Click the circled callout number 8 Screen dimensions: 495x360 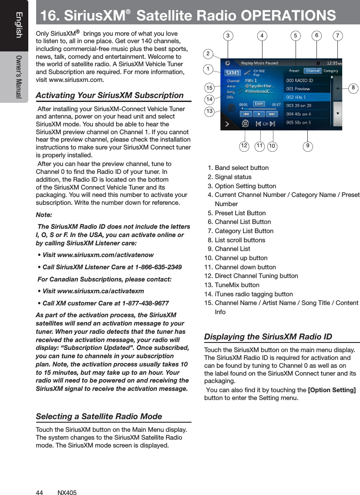pos(353,88)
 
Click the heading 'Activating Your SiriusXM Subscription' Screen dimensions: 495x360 pos(109,95)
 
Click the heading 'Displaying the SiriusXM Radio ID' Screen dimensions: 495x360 pos(268,337)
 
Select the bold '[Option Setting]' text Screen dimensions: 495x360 pos(331,389)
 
